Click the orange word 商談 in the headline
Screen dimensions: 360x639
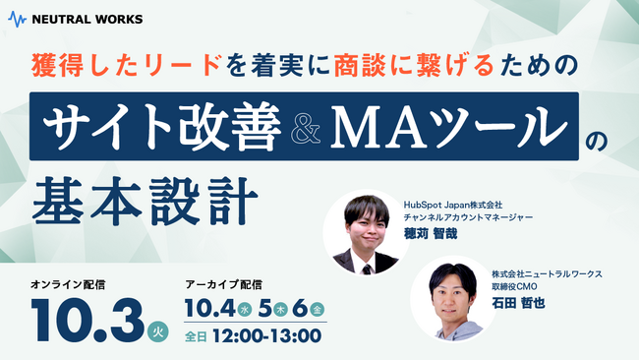(330, 66)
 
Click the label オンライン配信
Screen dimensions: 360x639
(68, 284)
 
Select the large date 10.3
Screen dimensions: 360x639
(87, 318)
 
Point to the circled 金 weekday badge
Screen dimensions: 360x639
(316, 310)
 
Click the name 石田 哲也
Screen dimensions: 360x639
(518, 303)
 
